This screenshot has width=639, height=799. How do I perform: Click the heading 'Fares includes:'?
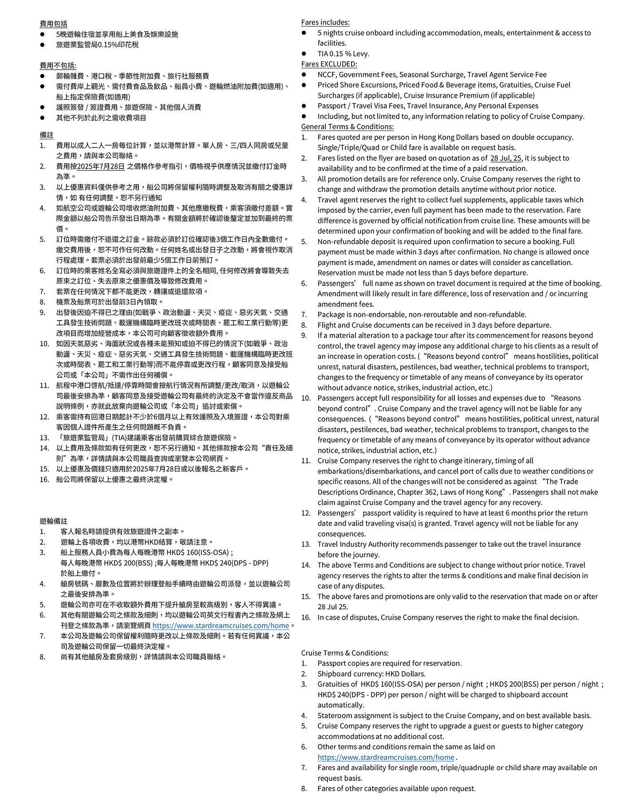325,22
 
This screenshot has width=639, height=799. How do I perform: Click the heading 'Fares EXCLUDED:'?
329,64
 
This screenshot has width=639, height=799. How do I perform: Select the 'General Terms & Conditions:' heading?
347,127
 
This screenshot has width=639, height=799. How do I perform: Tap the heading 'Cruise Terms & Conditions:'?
345,653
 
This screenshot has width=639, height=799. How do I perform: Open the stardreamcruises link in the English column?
386,757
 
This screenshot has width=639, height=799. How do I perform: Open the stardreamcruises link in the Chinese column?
221,625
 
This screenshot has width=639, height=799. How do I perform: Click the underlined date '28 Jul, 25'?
505,158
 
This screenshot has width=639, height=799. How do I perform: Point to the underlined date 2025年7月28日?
101,166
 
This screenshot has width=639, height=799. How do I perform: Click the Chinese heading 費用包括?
53,24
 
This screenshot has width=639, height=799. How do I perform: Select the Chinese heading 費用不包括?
58,66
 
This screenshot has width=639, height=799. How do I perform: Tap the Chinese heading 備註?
47,135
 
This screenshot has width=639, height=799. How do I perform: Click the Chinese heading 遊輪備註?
53,521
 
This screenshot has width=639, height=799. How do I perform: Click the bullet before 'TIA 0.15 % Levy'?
304,54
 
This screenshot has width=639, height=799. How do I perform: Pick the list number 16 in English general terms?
306,617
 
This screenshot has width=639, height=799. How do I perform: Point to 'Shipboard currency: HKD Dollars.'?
371,674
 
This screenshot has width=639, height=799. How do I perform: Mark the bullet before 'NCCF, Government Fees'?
304,75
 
